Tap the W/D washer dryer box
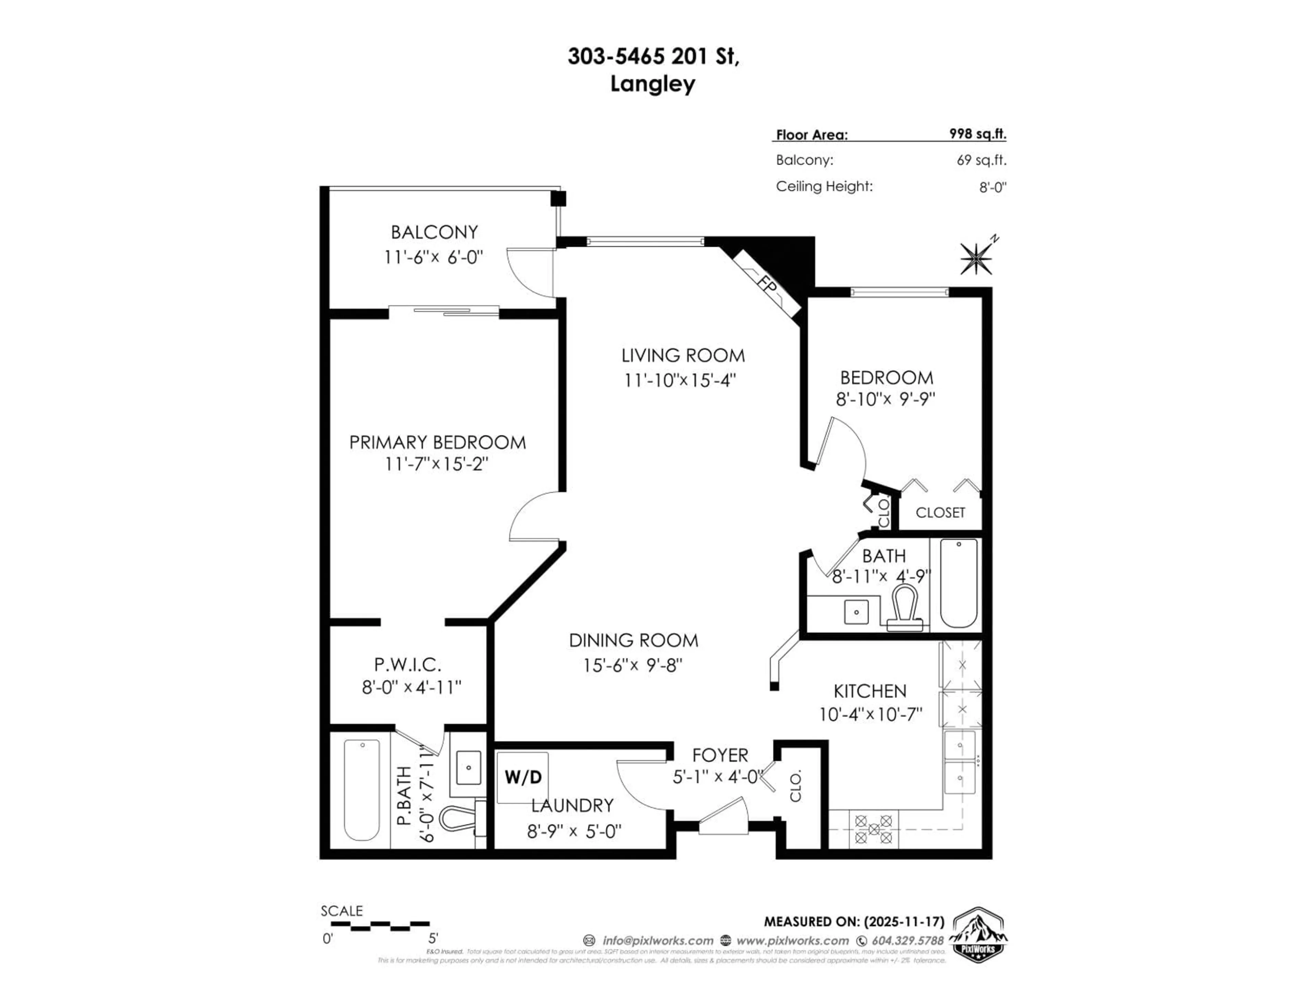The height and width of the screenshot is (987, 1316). pos(523,777)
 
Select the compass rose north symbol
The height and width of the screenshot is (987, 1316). pos(976,258)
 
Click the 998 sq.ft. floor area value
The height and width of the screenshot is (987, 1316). pos(977,134)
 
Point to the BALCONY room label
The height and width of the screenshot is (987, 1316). pos(434,232)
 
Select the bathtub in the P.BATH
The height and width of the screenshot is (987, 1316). pos(362,790)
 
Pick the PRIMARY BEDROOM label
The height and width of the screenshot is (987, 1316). pos(437,443)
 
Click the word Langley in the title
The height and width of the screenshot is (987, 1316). pos(653,84)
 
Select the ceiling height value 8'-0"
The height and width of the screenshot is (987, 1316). pos(992,187)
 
